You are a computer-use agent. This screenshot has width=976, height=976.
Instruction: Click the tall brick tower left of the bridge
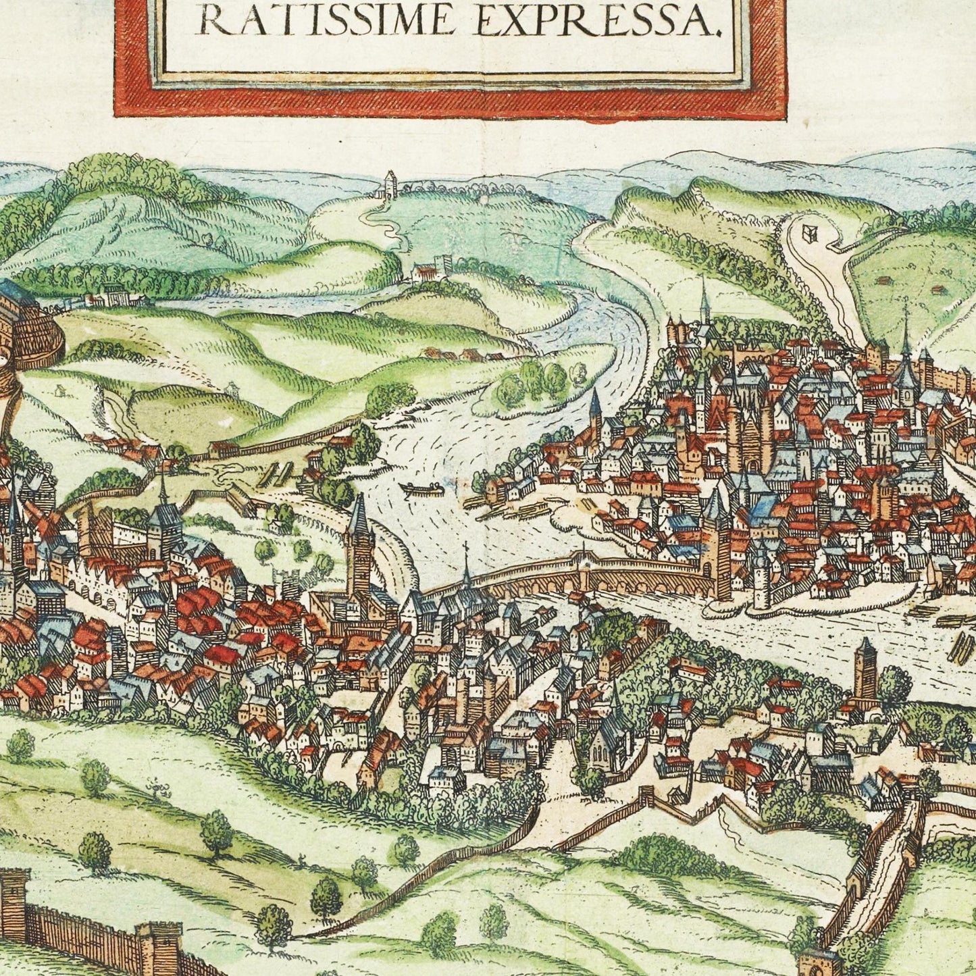tap(359, 547)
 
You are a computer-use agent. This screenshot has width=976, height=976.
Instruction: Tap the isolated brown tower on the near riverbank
tap(865, 669)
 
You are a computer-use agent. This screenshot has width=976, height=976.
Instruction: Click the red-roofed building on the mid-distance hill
tap(426, 272)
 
